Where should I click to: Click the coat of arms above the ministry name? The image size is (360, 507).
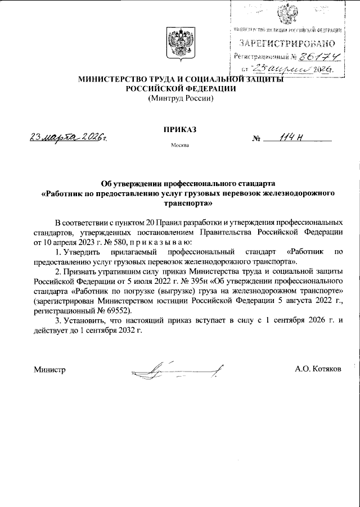click(180, 43)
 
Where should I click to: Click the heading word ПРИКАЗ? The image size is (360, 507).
click(179, 129)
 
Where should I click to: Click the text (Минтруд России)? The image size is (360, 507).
click(180, 98)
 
